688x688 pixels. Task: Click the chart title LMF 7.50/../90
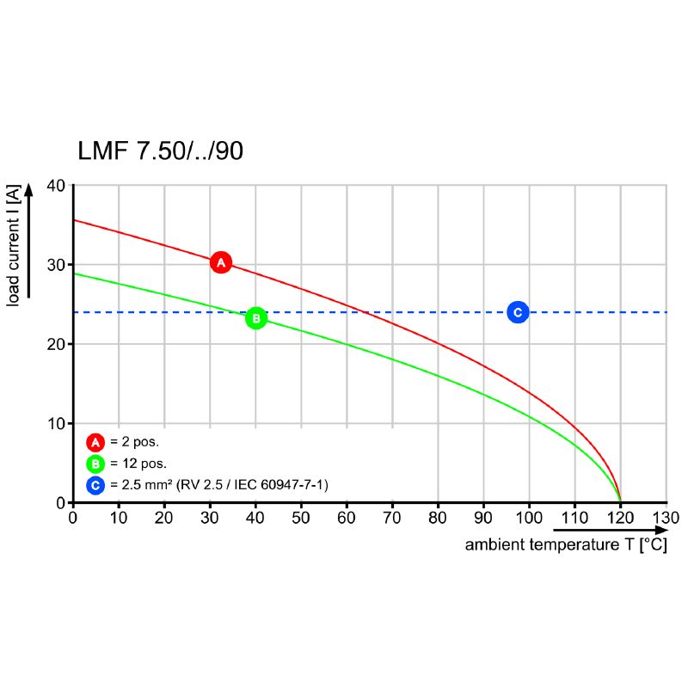(160, 151)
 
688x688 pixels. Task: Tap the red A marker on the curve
(220, 262)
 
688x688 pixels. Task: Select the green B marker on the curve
(256, 318)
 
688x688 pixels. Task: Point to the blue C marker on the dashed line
(518, 312)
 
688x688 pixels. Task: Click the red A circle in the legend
(95, 443)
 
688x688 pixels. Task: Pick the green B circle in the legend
(95, 464)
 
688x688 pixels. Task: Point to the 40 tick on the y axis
(56, 186)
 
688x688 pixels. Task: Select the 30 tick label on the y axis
(56, 265)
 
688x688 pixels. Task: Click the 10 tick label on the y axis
(56, 423)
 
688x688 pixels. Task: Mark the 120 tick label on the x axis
(620, 518)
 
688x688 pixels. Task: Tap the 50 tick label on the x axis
(301, 518)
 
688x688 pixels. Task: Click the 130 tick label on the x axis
(666, 518)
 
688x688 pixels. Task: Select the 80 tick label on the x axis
(438, 518)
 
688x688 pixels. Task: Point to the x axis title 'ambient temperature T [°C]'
(565, 545)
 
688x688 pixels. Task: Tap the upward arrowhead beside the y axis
(28, 189)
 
